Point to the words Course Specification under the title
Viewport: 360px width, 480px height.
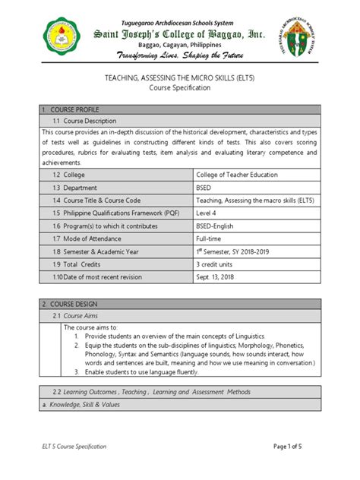[180, 89]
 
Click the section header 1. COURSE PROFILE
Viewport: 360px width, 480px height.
[71, 110]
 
